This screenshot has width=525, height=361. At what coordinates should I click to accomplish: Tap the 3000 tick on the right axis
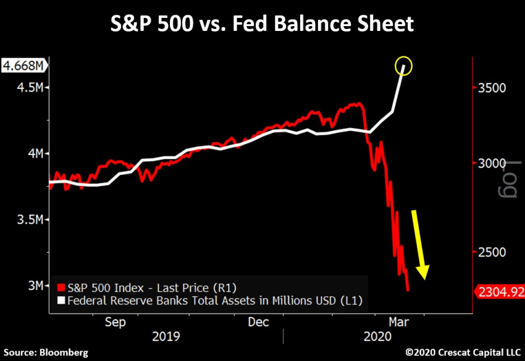[492, 163]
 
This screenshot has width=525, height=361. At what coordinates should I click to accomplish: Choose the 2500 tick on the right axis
[492, 252]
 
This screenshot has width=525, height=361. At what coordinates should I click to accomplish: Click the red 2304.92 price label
[499, 291]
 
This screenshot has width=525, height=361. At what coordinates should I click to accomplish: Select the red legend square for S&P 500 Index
[59, 287]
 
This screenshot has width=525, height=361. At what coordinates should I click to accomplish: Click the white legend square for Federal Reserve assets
[59, 301]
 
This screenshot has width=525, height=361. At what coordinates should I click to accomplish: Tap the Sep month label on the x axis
[116, 322]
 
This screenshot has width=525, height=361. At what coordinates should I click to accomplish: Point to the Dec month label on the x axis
[258, 322]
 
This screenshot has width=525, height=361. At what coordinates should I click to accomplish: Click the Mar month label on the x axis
[399, 322]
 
